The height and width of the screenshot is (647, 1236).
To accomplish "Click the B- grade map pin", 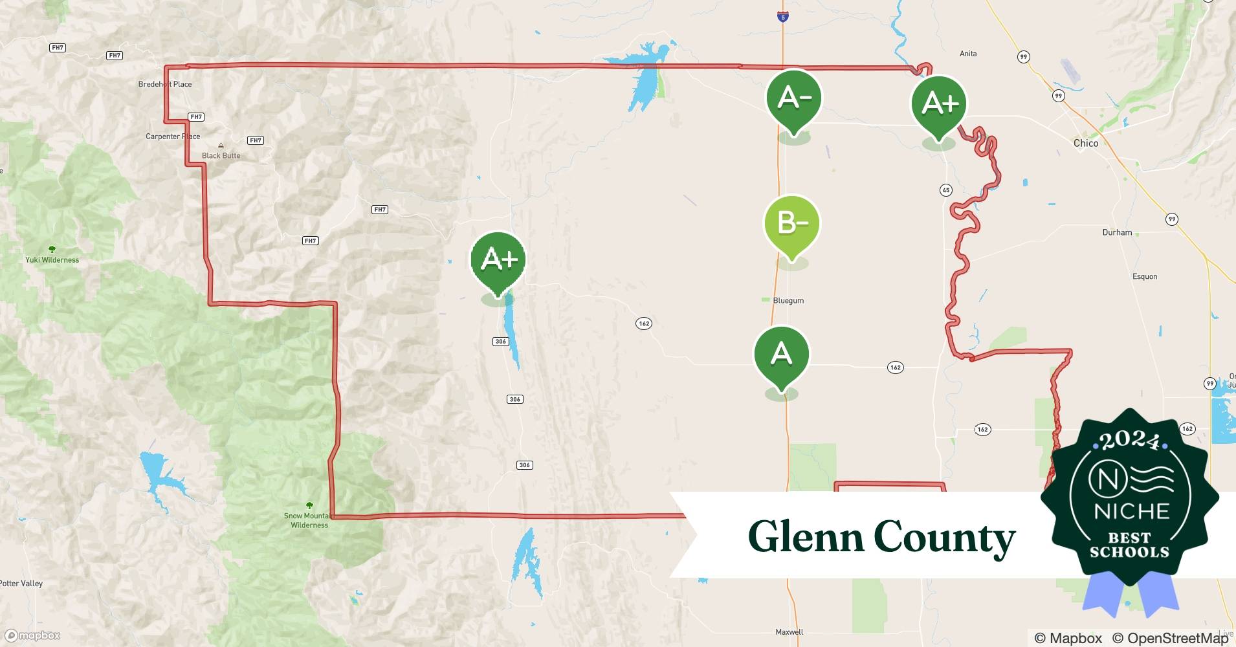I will (x=791, y=224).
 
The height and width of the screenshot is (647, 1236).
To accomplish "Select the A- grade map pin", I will (x=793, y=99).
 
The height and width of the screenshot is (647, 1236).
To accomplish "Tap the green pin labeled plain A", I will (x=781, y=355).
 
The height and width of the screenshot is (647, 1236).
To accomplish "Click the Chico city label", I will (x=1085, y=143).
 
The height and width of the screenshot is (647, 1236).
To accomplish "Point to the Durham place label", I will (x=1117, y=232).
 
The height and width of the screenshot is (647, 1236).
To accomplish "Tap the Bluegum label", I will (x=788, y=301).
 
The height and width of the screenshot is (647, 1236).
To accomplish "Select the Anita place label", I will (x=968, y=54).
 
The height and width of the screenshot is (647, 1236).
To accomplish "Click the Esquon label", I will (x=1144, y=276).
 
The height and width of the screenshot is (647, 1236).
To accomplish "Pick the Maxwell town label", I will (x=789, y=632).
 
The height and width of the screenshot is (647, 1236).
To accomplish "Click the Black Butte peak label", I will (x=221, y=155).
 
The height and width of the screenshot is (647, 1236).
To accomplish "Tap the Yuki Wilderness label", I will (x=52, y=260).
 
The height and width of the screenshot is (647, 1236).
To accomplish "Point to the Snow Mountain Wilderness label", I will (x=309, y=520).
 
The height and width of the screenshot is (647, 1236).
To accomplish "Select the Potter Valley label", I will (x=21, y=584).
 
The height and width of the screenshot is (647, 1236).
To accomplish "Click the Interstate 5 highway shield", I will (x=783, y=17).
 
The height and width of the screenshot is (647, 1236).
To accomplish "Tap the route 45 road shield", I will (x=945, y=190).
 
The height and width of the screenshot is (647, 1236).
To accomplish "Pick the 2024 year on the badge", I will (x=1130, y=441).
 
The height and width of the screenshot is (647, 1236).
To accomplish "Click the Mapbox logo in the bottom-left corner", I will (x=32, y=635).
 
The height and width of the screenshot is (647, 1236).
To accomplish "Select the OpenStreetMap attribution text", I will (x=1169, y=638).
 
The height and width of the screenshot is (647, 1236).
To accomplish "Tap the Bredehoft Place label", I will (x=164, y=84).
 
